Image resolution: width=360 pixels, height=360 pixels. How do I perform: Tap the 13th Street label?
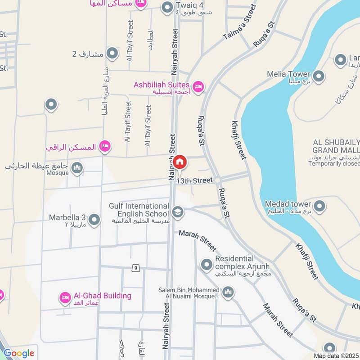194,180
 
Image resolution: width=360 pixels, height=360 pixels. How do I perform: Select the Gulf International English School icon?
178,212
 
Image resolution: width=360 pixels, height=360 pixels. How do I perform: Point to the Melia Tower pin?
319,76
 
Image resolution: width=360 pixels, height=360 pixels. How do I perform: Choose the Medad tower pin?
319,206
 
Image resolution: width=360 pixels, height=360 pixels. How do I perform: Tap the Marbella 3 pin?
94,220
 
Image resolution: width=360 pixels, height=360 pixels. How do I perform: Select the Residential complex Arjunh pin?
207,264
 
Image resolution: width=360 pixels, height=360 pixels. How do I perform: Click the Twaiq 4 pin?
167,7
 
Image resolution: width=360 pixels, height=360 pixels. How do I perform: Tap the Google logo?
19,353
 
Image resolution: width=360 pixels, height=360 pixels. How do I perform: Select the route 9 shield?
135,269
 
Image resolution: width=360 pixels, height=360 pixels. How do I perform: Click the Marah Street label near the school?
198,241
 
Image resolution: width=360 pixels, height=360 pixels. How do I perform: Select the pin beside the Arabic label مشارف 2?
112,54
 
